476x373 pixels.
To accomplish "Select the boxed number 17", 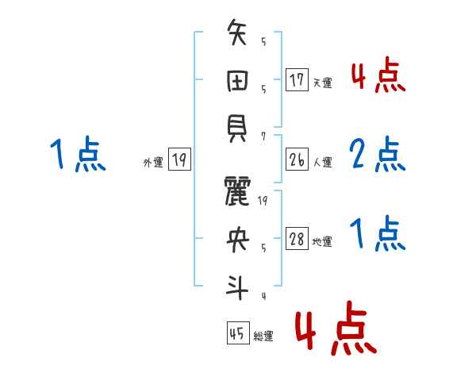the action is [x=297, y=80].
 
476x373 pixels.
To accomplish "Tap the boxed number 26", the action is [x=297, y=160].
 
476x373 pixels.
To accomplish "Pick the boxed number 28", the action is [x=297, y=239].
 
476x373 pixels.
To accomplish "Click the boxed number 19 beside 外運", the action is [x=179, y=160].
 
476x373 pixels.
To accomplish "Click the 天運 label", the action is [x=322, y=83].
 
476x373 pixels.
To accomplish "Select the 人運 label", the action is [x=322, y=162].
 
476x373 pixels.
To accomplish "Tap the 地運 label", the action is [x=322, y=241].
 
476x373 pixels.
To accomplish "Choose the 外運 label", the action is [x=153, y=162].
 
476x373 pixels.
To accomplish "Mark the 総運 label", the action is [x=263, y=336].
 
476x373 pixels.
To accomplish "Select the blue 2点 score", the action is [x=378, y=155].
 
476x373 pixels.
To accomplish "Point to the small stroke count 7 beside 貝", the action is [x=263, y=136].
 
